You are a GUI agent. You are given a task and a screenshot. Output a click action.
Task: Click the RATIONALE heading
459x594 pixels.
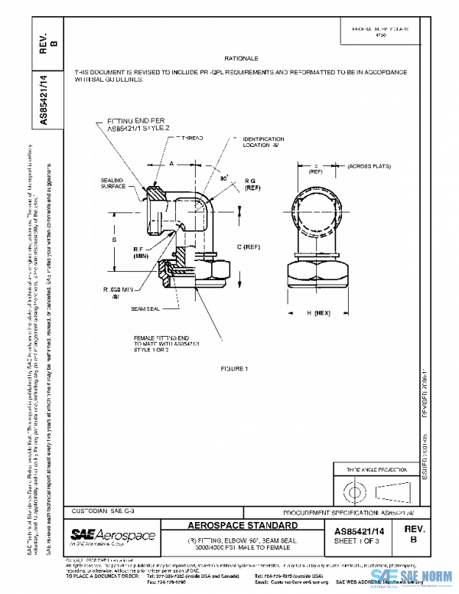(243, 59)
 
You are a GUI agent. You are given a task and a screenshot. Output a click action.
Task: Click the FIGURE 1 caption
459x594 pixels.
(236, 369)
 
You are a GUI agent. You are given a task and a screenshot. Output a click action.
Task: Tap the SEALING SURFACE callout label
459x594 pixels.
(112, 183)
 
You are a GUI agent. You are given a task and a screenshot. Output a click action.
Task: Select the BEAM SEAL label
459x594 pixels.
(144, 308)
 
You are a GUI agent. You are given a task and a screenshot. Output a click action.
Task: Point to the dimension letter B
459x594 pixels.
(114, 240)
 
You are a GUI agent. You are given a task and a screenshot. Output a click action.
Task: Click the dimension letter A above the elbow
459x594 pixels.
(172, 162)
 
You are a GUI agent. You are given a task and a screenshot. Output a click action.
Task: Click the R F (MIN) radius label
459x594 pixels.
(141, 253)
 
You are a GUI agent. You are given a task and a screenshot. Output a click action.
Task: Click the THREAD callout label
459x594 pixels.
(191, 139)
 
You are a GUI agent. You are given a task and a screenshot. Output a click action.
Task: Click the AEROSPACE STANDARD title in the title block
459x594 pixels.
(243, 526)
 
